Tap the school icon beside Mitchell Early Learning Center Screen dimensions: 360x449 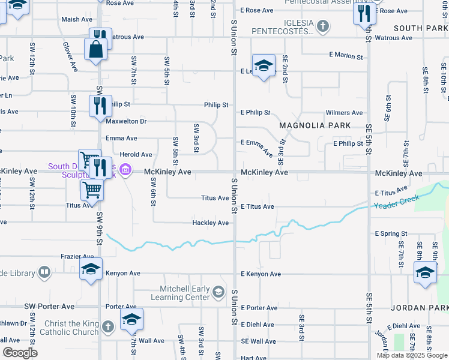[x=218, y=292]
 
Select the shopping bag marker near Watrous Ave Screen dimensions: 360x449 [x=96, y=50]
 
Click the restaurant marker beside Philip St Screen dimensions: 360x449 [x=100, y=106]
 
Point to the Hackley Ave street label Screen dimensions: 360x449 [x=210, y=223]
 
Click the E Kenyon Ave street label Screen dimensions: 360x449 [x=261, y=274]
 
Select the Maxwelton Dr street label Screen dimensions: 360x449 [x=126, y=121]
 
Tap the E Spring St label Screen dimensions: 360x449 [x=391, y=233]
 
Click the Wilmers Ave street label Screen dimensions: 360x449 [x=344, y=113]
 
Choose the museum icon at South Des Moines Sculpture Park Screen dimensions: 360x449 [x=125, y=171]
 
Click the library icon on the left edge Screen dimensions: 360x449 [x=44, y=273]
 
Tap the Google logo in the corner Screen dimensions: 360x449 [x=19, y=353]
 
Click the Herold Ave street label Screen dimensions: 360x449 [x=136, y=154]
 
